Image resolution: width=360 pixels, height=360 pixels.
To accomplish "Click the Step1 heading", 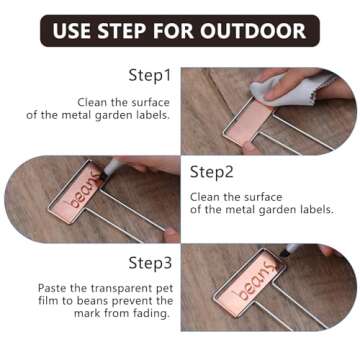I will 150,75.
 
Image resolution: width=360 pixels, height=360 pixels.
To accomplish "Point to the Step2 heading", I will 211,171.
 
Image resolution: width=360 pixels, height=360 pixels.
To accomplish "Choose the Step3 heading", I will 150,263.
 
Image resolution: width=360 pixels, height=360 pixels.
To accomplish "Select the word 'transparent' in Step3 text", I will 111,286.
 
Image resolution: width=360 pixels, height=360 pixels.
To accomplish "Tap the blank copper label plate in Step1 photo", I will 256,122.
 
